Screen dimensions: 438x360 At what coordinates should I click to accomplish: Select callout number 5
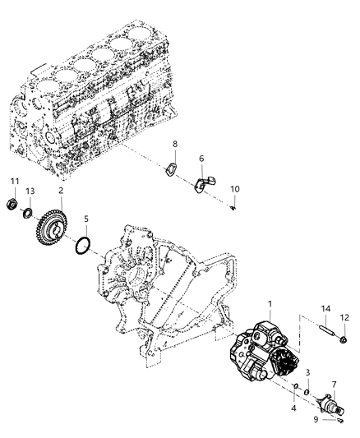(x=85, y=219)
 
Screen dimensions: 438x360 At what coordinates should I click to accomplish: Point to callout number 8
(x=174, y=145)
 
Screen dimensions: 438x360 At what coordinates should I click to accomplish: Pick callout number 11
(x=14, y=182)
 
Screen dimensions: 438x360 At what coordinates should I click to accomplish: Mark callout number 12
(x=344, y=317)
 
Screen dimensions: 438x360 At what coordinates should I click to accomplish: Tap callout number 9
(x=315, y=418)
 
